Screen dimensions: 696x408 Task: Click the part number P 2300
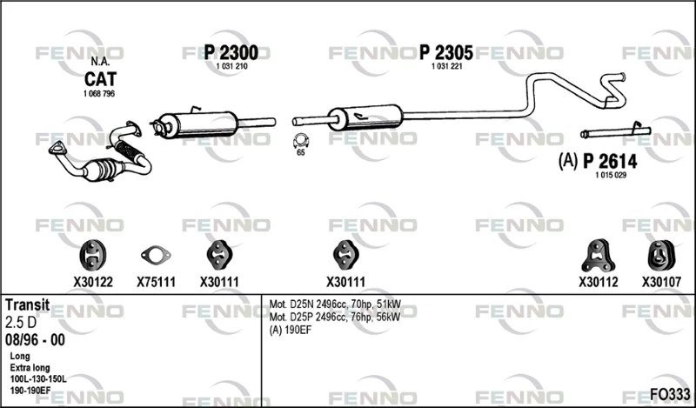231,53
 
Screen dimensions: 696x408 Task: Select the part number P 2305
446,53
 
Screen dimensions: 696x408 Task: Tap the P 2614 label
610,161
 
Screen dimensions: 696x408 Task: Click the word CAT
100,79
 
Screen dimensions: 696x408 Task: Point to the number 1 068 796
99,94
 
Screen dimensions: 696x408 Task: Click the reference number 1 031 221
447,67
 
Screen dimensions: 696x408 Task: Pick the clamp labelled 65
300,141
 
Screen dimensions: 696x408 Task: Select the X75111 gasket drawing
156,255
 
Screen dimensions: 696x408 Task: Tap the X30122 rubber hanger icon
92,255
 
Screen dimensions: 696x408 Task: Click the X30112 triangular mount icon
599,256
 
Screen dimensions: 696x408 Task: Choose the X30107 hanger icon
661,256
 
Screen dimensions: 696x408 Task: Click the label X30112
599,282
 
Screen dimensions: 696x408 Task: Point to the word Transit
28,304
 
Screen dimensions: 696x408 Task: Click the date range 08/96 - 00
35,339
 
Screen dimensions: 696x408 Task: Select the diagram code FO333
670,394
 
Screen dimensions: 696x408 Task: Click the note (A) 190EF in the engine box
291,331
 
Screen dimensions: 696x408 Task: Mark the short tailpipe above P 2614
616,131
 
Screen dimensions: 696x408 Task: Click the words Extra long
30,368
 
